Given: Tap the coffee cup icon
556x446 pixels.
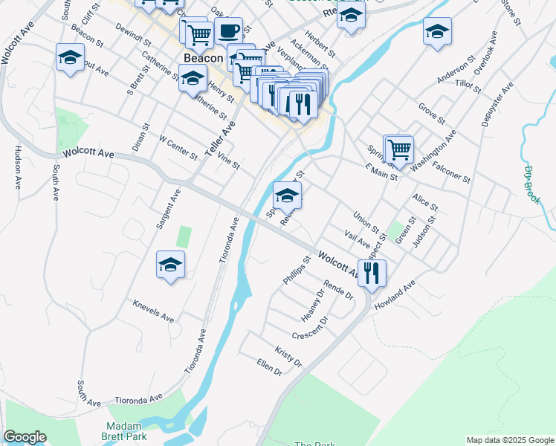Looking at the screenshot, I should pyautogui.click(x=228, y=32).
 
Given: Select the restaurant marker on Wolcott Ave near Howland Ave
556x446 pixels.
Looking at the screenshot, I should pyautogui.click(x=372, y=273).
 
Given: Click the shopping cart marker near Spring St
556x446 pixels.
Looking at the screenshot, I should pyautogui.click(x=399, y=149).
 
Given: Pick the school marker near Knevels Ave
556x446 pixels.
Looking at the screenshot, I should pyautogui.click(x=170, y=265).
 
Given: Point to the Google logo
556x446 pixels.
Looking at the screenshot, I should pyautogui.click(x=25, y=437).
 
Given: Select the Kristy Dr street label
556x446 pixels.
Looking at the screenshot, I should pyautogui.click(x=288, y=356).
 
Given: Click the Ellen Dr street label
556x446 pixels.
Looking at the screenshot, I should pyautogui.click(x=268, y=366).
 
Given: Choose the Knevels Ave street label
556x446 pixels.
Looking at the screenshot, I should pyautogui.click(x=153, y=311).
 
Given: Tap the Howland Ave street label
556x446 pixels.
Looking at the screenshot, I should pyautogui.click(x=394, y=294).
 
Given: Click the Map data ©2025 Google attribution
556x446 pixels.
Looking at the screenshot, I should pyautogui.click(x=509, y=440).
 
